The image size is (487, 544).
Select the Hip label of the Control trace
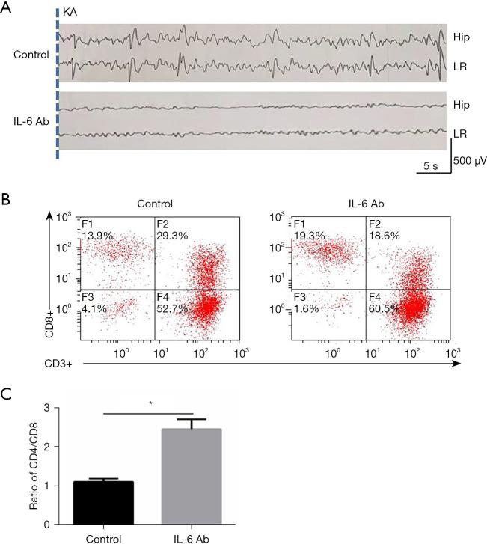[x=462, y=36]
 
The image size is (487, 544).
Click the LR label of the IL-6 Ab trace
[x=460, y=133]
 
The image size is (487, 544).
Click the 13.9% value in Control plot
[x=97, y=235]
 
